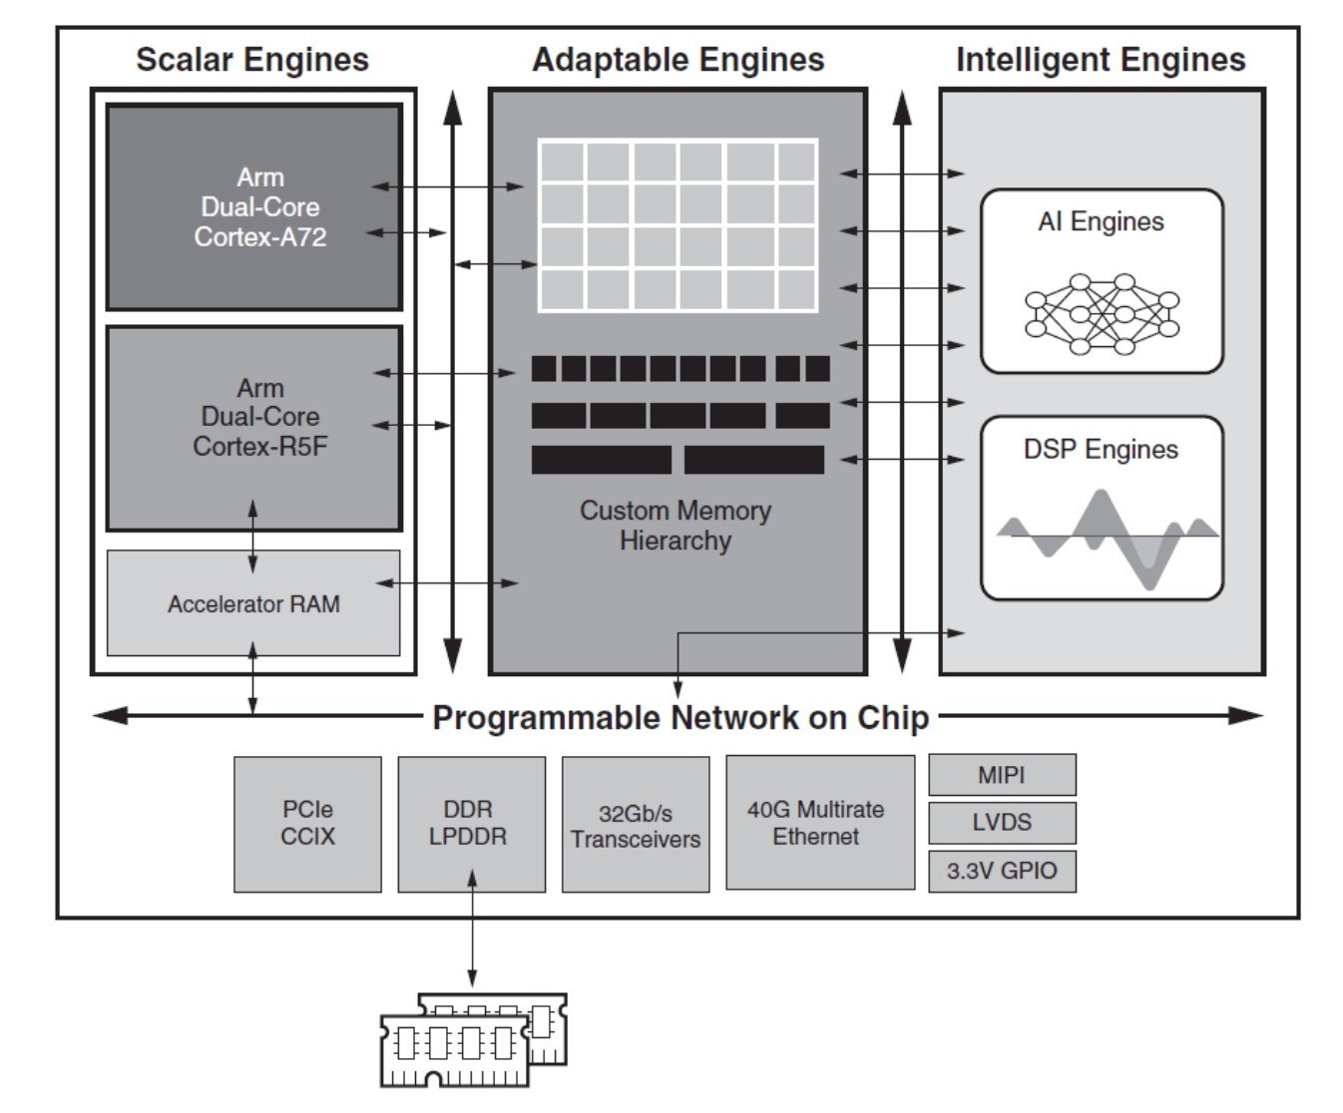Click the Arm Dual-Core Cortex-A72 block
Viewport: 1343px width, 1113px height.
[253, 207]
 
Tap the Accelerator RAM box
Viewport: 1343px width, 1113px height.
[253, 603]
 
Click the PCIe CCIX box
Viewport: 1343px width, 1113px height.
[307, 824]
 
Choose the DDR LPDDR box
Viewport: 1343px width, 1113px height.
[471, 824]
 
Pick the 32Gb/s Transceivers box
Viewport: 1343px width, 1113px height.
[636, 826]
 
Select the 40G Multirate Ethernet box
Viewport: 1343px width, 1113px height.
[819, 823]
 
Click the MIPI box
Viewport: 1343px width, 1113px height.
[1002, 775]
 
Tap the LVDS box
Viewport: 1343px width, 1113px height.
[1002, 823]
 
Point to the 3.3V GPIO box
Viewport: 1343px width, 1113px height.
[1002, 871]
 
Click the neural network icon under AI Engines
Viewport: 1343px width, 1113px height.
[1102, 313]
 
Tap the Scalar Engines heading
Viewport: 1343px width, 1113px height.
[252, 60]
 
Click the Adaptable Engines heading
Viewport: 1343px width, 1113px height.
[678, 60]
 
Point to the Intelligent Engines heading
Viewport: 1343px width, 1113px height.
[1101, 60]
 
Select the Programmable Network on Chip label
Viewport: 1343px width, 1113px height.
[680, 717]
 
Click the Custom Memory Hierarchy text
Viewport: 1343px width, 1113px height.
[675, 526]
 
